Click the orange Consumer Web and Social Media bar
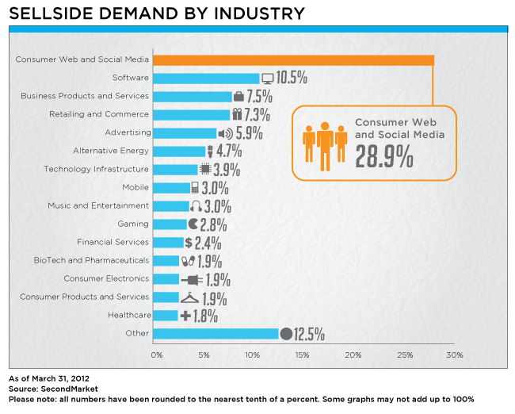(293, 59)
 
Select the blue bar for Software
(206, 78)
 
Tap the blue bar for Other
(216, 333)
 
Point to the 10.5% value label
(292, 78)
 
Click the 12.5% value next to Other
(310, 334)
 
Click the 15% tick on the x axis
(302, 354)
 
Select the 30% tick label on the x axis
(455, 354)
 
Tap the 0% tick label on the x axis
(157, 354)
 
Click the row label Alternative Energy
(111, 151)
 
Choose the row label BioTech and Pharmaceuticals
(91, 260)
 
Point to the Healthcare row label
(128, 315)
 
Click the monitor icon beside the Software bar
(267, 78)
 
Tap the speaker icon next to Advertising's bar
(225, 133)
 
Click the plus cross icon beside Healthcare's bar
(185, 316)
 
